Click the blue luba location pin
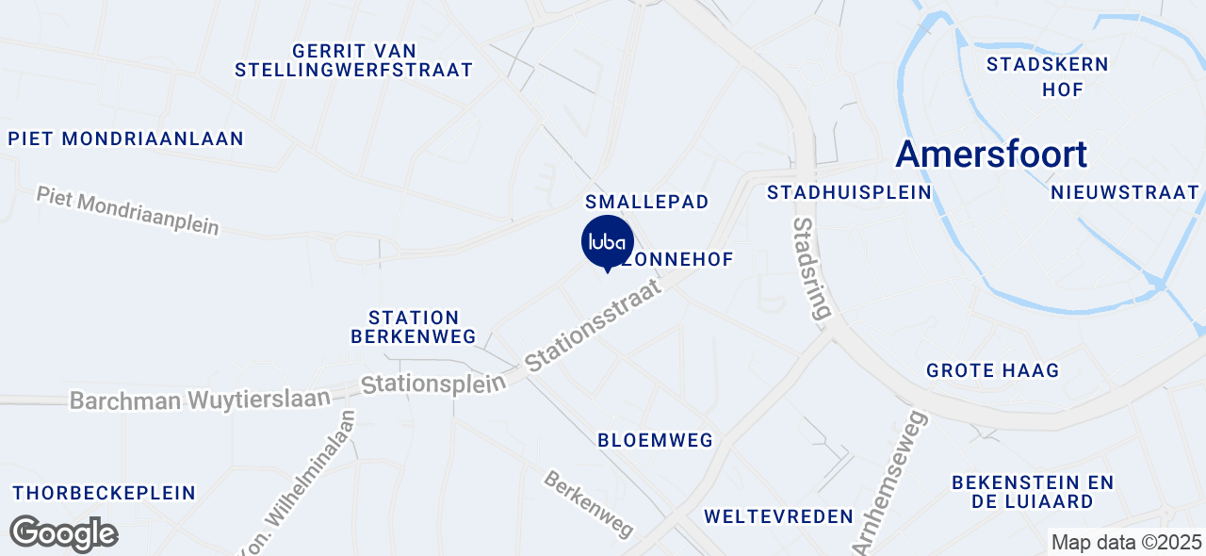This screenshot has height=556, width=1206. click(x=608, y=242)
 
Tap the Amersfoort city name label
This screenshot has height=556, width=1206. click(x=991, y=155)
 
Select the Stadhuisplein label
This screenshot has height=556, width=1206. click(x=849, y=192)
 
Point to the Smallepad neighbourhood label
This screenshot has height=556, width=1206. click(x=646, y=202)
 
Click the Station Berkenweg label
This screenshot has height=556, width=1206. click(x=414, y=327)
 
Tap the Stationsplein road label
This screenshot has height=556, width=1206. click(x=434, y=383)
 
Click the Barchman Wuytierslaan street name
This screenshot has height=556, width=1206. click(x=201, y=400)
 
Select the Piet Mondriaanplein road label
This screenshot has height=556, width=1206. click(x=128, y=211)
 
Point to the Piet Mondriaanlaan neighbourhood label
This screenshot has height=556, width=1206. click(x=126, y=139)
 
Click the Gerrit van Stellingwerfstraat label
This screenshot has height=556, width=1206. click(x=353, y=60)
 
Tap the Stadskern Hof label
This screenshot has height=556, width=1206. click(x=1048, y=77)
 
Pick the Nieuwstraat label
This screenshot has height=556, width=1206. click(x=1124, y=192)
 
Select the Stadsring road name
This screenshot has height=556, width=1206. click(x=813, y=269)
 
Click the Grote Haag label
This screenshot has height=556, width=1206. click(x=992, y=370)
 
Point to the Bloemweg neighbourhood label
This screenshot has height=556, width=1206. click(x=655, y=440)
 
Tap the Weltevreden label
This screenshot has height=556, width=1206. click(x=778, y=516)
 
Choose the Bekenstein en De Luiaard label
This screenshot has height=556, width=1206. click(x=1033, y=492)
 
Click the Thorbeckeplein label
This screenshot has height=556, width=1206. click(x=104, y=493)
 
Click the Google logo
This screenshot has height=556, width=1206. click(x=63, y=533)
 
